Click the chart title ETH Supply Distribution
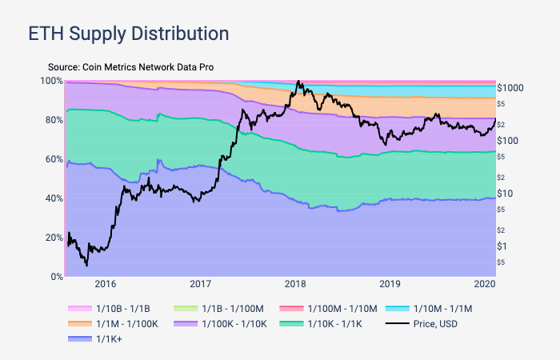[x=129, y=34]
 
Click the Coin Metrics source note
[x=130, y=67]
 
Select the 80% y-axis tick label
[x=52, y=120]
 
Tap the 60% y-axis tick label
[x=52, y=159]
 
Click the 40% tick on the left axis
[x=52, y=198]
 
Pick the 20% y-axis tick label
[x=52, y=238]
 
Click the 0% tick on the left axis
[x=56, y=277]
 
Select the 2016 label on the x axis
[x=106, y=284]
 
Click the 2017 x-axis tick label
[x=201, y=284]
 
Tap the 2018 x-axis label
[x=295, y=284]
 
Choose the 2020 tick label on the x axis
[x=484, y=284]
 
